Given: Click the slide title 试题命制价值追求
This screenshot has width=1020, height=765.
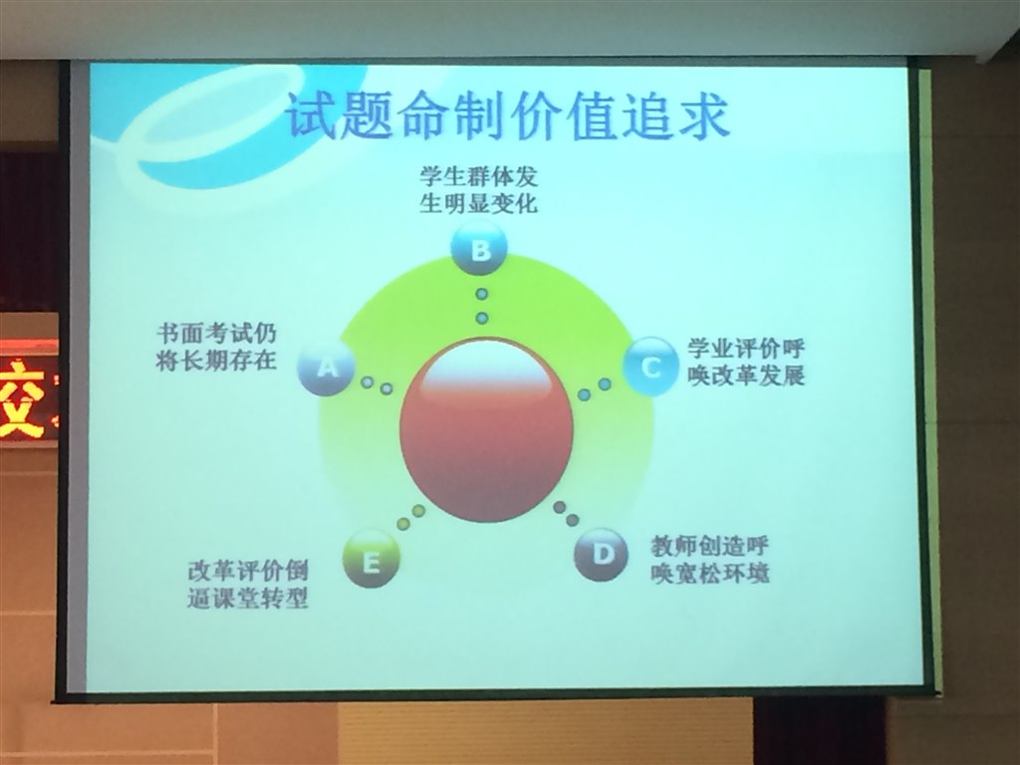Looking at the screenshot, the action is pos(507,117).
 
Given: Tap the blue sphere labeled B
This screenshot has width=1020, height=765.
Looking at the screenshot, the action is pos(479,248).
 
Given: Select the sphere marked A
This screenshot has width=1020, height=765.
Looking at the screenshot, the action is pos(327,367).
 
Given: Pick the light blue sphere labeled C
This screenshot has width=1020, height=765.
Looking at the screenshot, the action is pos(651,367).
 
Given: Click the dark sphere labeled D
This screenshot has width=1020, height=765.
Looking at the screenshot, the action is pos(602,555).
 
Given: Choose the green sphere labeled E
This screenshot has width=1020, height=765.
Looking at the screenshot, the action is pos(371,560).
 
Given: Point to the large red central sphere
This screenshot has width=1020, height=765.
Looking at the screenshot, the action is pos(486,429).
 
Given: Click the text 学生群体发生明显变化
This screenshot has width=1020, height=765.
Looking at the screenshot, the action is pos(479,190).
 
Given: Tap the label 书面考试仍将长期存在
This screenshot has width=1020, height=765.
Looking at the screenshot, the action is pos(216,347).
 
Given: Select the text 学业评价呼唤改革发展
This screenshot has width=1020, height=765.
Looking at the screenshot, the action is pos(747,362).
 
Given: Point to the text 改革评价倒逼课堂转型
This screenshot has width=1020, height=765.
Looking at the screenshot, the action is pos(248,584).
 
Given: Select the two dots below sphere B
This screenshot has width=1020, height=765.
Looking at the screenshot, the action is pos(481,306).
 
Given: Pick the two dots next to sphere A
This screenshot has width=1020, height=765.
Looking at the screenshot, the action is pos(377,385).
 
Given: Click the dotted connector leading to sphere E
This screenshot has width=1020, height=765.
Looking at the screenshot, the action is pos(411,517).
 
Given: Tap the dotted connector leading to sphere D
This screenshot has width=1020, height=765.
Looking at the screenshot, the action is pos(566,513).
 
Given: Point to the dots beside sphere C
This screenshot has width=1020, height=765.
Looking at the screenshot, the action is pos(595,389).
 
